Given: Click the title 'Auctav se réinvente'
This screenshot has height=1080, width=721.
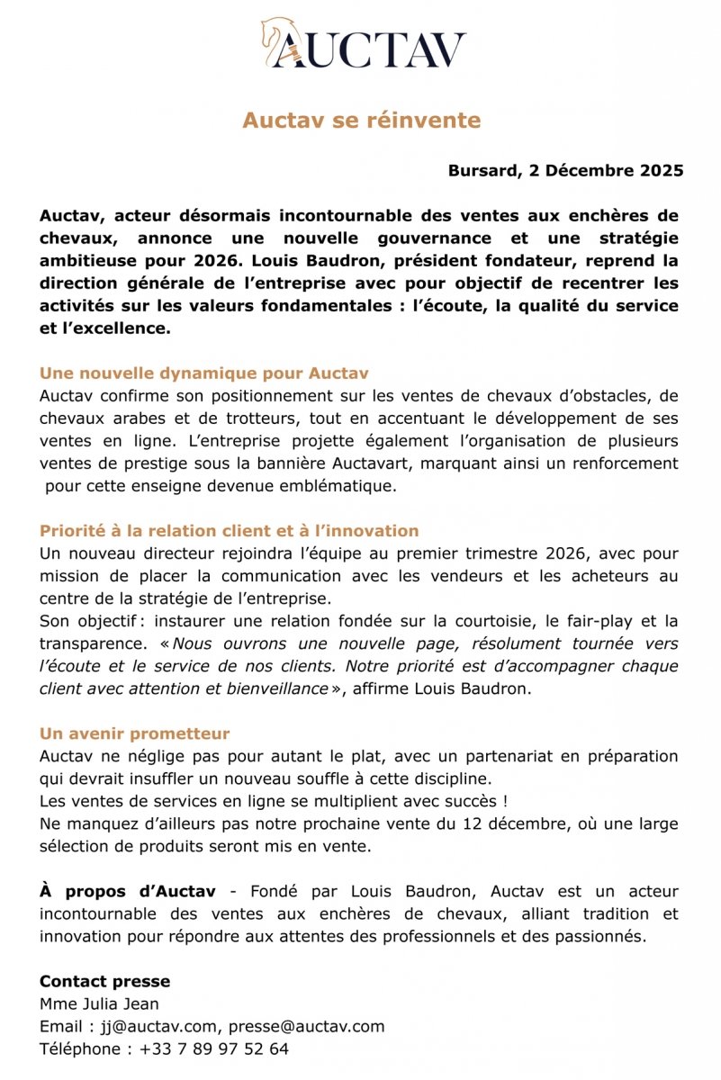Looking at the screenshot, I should coord(361,121).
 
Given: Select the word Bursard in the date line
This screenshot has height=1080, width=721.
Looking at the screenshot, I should coord(482,171).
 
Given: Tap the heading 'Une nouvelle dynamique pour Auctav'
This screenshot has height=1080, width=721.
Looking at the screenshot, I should coord(204,373).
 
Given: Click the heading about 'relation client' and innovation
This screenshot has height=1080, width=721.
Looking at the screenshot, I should coord(229,531).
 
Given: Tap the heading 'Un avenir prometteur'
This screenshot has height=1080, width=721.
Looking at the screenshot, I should coord(134,733).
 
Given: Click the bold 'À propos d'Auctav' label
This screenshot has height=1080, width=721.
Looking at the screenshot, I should coord(127,891).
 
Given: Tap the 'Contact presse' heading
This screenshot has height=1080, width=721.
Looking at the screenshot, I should coord(104,981).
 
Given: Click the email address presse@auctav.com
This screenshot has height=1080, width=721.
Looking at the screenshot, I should coord(306,1026).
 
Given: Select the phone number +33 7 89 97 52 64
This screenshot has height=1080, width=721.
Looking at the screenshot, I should coord(214,1048).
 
